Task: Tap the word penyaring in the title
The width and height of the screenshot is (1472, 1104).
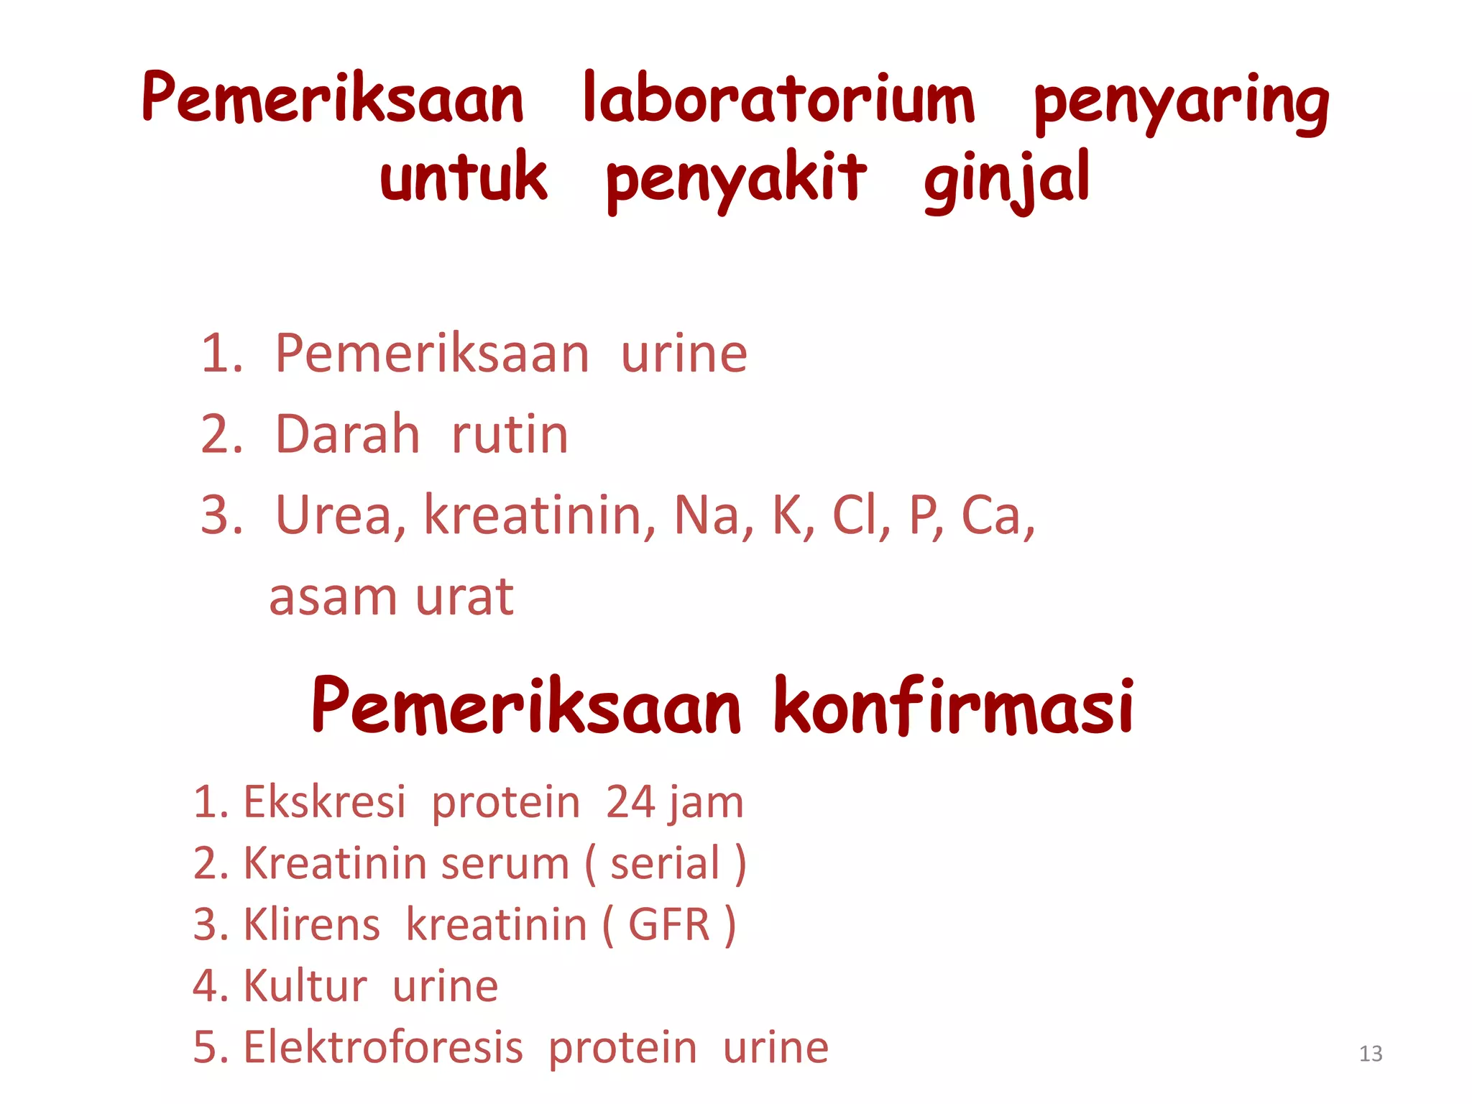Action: coord(1182,104)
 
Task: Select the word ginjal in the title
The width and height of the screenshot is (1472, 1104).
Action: coord(1007,180)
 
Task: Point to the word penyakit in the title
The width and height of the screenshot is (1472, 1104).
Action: coord(736,180)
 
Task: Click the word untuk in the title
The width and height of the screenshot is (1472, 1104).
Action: coord(464,177)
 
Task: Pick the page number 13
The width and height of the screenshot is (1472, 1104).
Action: coord(1371,1054)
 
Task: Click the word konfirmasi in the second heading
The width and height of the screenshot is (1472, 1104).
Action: coord(954,707)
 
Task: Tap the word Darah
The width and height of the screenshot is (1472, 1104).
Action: coord(348,434)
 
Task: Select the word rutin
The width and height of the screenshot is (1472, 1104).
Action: coord(510,436)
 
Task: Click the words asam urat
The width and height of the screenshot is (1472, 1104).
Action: coord(391,597)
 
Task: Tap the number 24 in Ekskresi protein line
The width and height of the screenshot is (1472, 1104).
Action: coord(630,802)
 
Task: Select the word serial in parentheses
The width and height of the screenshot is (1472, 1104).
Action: coord(665,863)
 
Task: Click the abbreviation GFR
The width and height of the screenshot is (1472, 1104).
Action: coord(669,924)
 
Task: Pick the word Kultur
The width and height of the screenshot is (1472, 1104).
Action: coord(305,985)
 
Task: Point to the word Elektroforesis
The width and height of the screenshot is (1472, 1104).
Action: coord(383,1046)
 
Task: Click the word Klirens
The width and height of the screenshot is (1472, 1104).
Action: coord(312,924)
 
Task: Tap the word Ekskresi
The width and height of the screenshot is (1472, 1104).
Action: coord(325,802)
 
